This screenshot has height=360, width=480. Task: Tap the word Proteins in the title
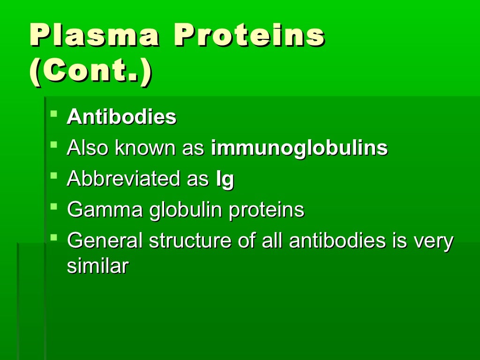tap(249, 36)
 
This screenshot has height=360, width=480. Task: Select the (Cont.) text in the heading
tap(90, 73)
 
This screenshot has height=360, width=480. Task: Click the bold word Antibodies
tap(121, 118)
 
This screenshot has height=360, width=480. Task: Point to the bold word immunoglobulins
tap(300, 149)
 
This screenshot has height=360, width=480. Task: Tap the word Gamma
tap(105, 210)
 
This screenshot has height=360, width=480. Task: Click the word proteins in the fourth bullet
tap(266, 211)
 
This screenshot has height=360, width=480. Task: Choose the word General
tap(105, 241)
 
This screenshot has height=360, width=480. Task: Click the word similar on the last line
tap(97, 266)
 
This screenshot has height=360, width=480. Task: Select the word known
tap(145, 149)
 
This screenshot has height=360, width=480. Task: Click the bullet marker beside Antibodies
tap(54, 114)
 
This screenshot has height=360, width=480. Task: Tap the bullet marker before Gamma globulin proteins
tap(54, 206)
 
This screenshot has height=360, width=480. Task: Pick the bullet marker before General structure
tap(54, 237)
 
